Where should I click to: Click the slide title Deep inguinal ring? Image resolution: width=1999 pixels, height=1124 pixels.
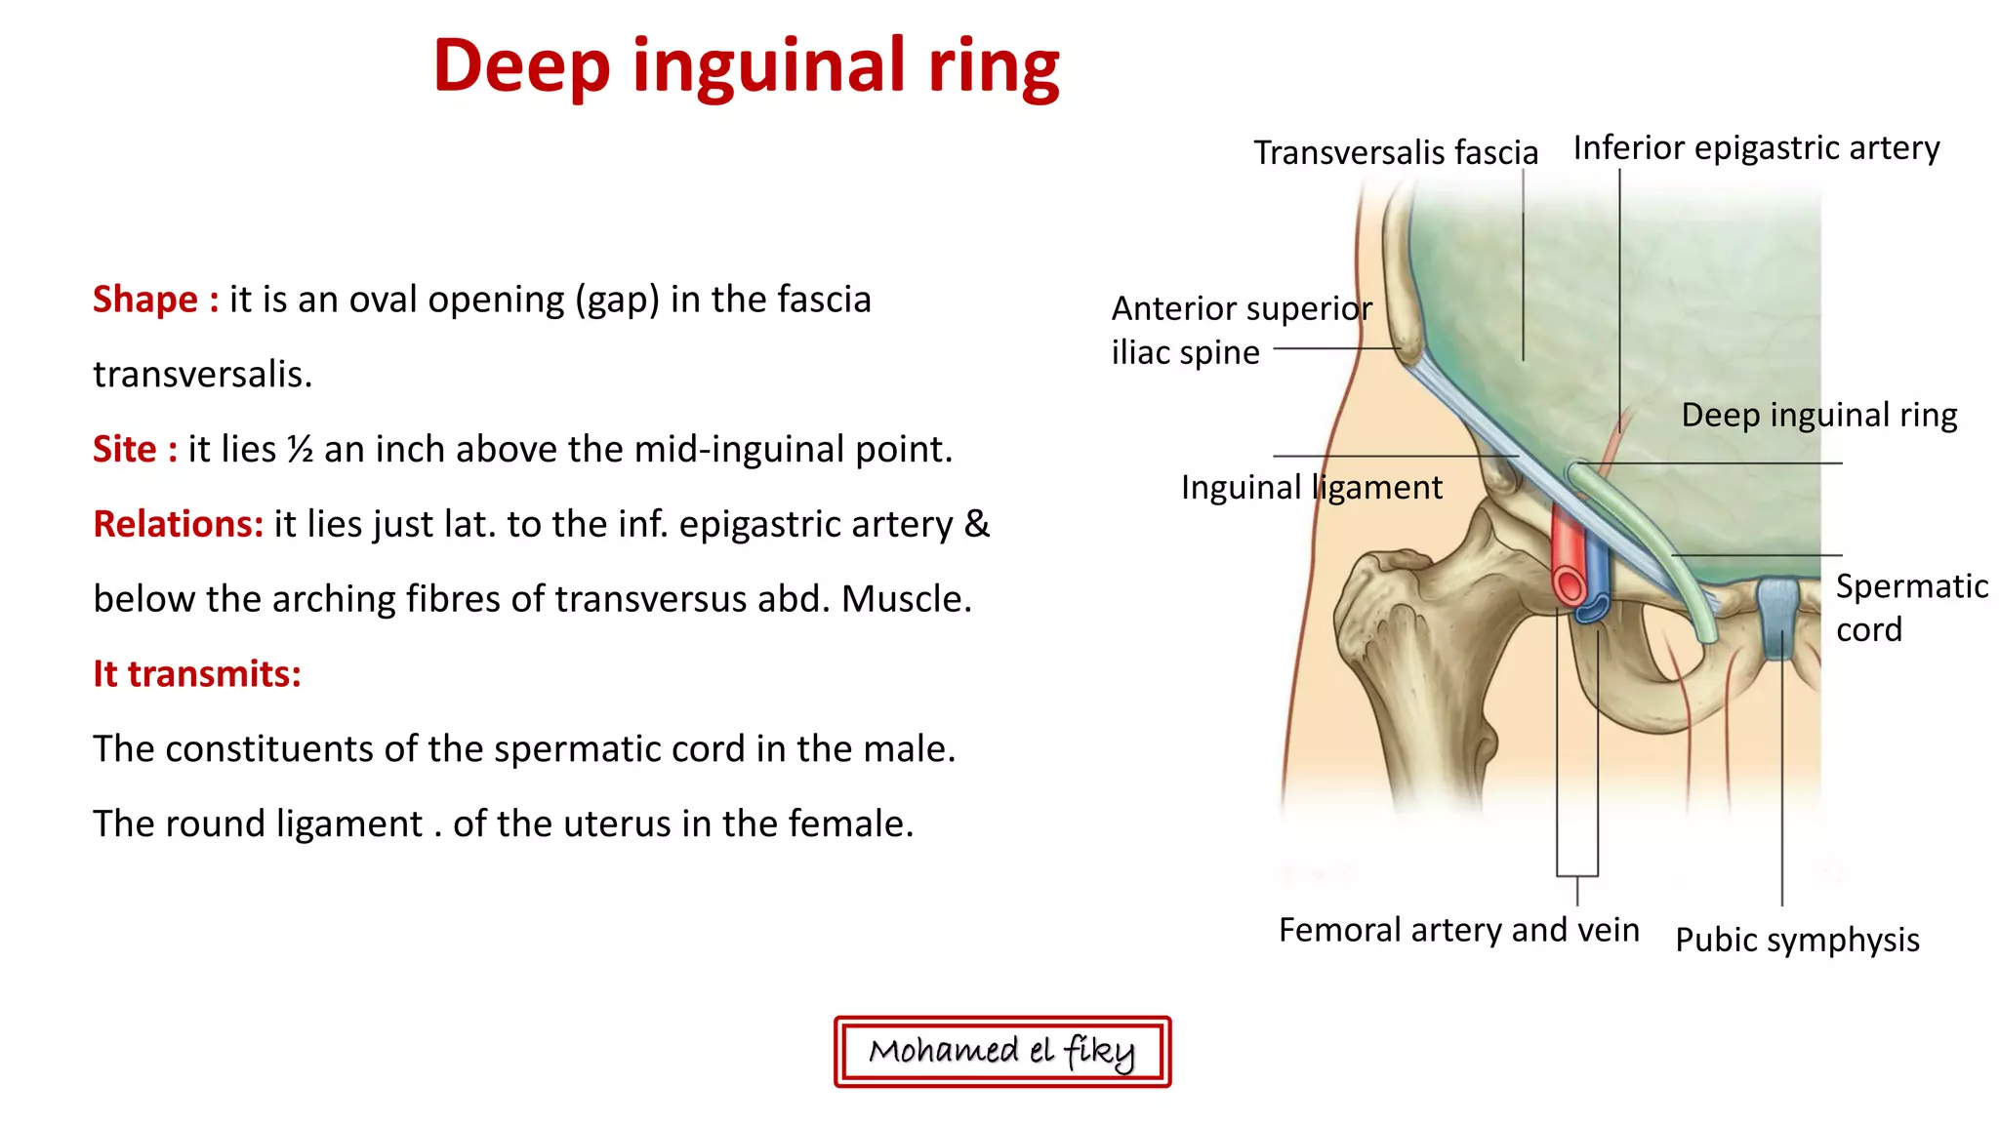click(747, 66)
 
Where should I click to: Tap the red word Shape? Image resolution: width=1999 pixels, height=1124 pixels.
click(144, 300)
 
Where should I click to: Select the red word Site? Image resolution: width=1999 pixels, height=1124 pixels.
click(124, 450)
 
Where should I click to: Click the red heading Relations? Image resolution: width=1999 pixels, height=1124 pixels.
click(178, 525)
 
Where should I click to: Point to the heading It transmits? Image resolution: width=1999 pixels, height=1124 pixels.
click(197, 674)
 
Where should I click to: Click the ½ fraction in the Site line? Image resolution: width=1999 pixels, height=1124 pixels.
click(300, 450)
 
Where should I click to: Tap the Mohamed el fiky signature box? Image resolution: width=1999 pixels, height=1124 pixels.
click(1001, 1052)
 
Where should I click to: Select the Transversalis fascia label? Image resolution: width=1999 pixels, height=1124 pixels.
click(1395, 153)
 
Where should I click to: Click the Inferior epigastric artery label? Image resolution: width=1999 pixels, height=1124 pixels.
click(1756, 148)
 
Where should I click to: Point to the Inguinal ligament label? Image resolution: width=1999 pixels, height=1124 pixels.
click(1311, 487)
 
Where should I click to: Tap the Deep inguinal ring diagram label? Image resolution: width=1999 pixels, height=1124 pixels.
click(1818, 416)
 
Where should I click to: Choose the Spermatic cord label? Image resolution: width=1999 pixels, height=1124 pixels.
click(1910, 607)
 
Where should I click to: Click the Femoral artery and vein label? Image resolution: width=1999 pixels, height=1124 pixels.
click(1458, 930)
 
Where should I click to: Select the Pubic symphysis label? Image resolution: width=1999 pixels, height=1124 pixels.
click(1797, 940)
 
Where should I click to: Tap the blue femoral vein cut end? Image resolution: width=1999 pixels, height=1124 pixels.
click(1592, 607)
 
